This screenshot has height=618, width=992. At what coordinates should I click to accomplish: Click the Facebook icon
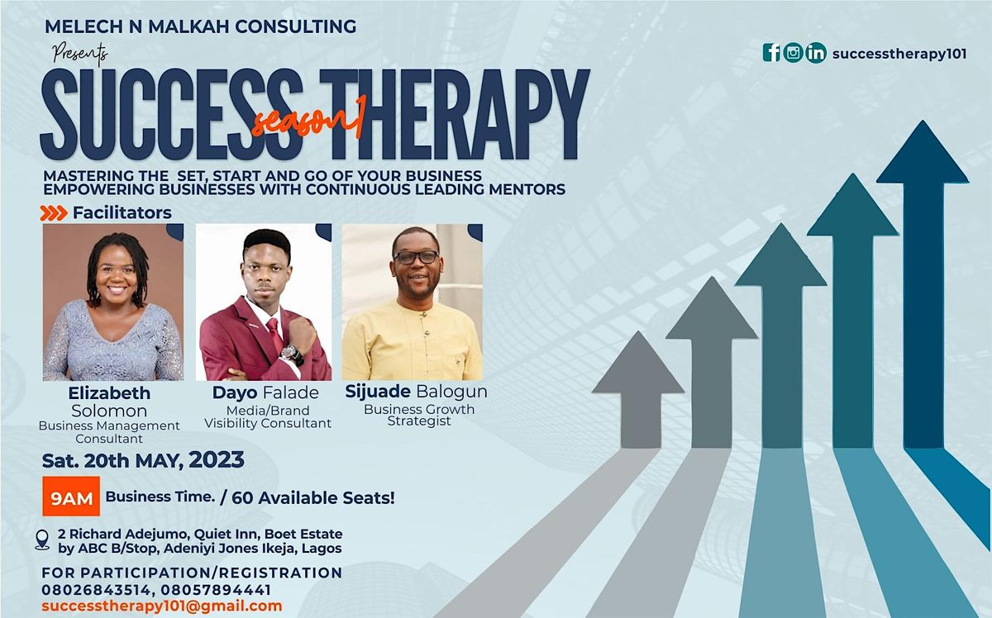pos(771,53)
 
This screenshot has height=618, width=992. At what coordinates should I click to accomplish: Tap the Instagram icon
pos(794,53)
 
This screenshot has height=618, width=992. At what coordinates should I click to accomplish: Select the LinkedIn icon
pos(816,53)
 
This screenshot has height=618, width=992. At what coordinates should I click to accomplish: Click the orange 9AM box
pos(71,497)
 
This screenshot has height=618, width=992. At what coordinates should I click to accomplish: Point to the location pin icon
pos(42,540)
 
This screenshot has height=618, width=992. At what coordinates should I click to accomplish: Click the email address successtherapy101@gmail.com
pos(162,606)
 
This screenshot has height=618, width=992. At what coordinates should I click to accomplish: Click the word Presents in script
pos(79,55)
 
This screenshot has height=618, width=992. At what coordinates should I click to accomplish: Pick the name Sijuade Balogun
pos(416,391)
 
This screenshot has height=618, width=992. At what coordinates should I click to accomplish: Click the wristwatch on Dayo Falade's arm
pos(290,353)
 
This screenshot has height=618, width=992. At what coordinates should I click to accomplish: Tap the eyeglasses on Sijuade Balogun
pos(416,257)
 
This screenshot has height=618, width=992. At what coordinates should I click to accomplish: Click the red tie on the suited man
pos(274,335)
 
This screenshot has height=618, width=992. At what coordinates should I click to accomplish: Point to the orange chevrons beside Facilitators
pos(54,213)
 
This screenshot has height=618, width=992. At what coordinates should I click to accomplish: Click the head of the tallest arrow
pos(922,154)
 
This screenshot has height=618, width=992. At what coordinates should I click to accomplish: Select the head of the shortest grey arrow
pos(637,364)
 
